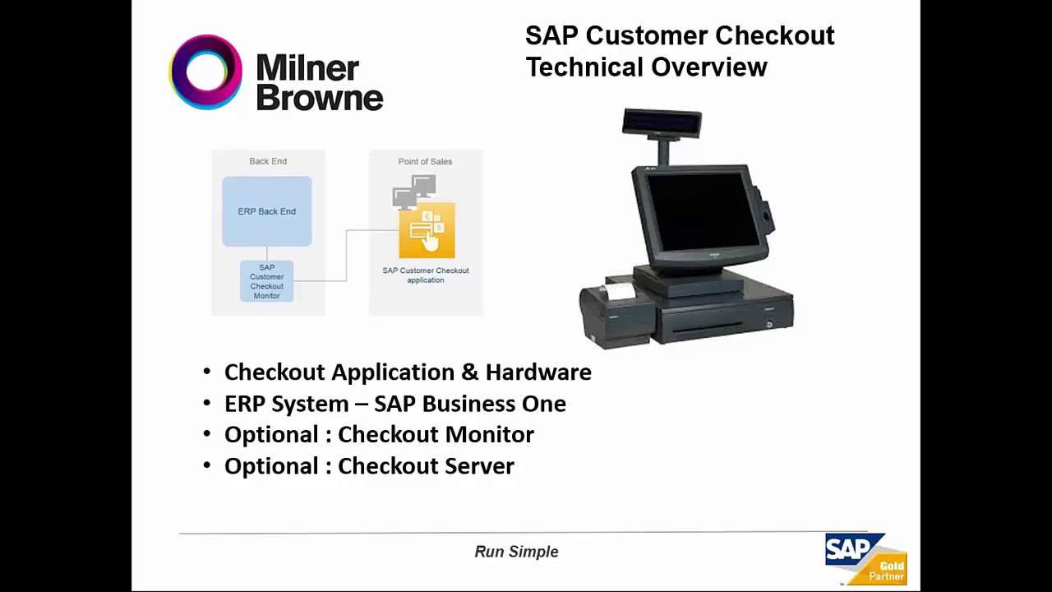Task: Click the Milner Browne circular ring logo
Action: tap(205, 72)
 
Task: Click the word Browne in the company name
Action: tap(320, 97)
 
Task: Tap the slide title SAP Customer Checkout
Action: tap(680, 35)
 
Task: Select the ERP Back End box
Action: tap(267, 211)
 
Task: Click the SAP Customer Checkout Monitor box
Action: tap(267, 281)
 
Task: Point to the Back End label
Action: tap(268, 161)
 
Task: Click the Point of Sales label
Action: tap(425, 161)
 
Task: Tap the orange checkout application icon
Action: tap(427, 231)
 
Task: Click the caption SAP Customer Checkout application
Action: tap(426, 275)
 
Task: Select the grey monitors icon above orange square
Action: tap(415, 192)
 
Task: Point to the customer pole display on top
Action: tap(662, 123)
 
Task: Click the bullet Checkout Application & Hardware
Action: tap(408, 372)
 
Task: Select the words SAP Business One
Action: tap(470, 404)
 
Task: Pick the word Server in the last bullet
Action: tap(478, 465)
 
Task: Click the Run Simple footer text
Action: tap(516, 552)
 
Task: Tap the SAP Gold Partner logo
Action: tap(865, 558)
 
